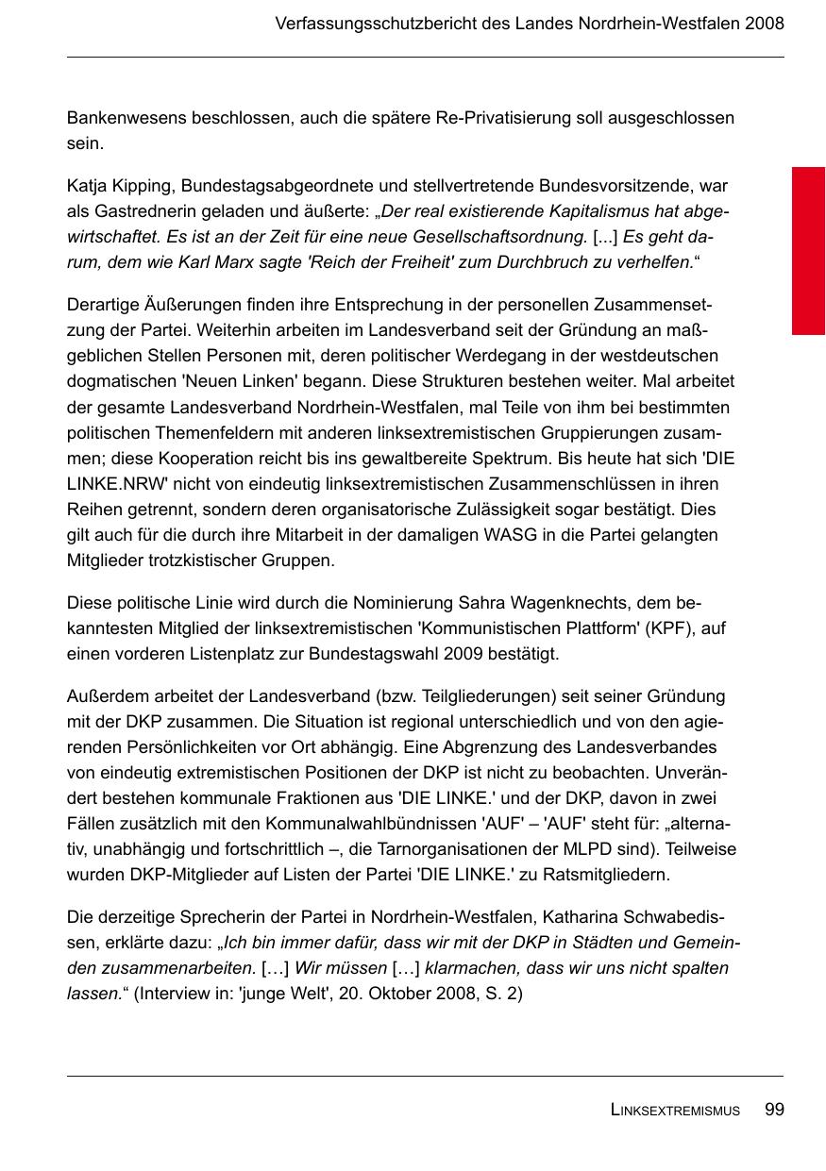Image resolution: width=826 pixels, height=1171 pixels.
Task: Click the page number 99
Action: pos(774,1110)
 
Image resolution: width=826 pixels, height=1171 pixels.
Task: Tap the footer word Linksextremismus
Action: pos(675,1111)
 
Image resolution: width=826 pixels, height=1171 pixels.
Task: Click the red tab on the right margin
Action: pos(808,250)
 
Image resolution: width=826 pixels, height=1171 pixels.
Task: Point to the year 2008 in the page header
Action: pos(764,24)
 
